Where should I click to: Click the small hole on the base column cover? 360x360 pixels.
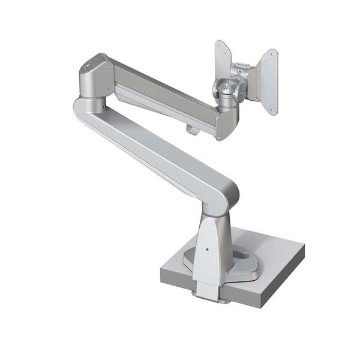207,249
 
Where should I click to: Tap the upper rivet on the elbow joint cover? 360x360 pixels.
109,68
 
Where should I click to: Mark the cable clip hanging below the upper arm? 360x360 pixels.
191,127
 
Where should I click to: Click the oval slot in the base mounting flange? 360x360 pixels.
243,254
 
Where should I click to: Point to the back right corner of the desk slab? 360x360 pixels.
304,245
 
